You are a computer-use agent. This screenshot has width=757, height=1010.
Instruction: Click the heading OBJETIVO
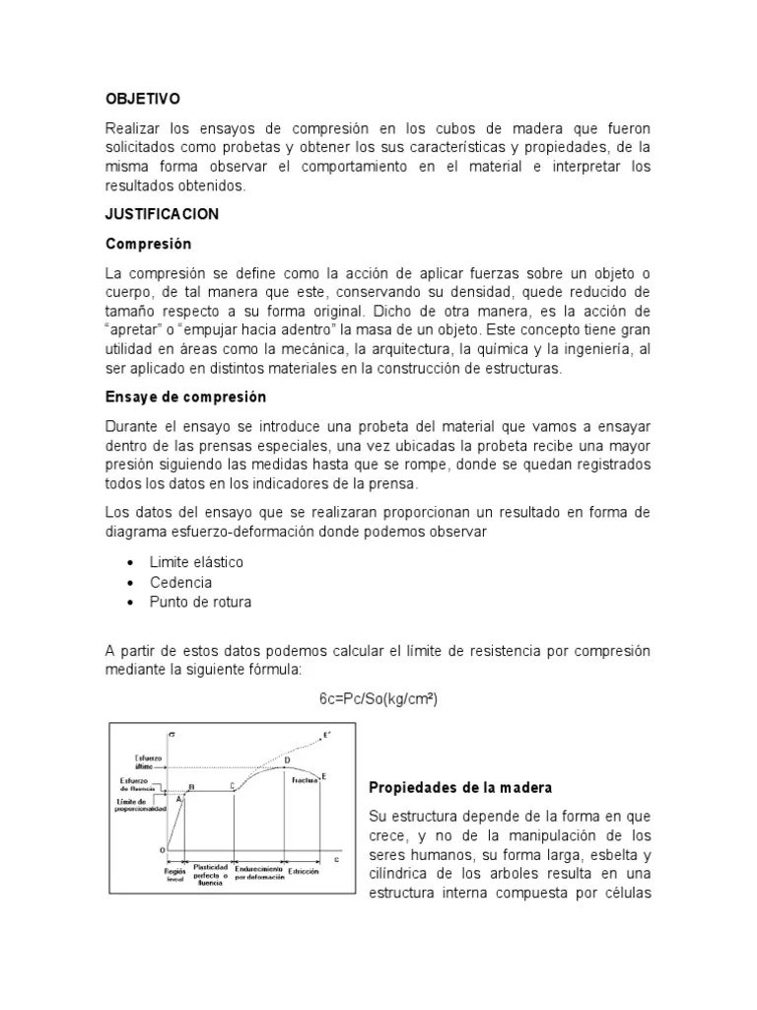(143, 100)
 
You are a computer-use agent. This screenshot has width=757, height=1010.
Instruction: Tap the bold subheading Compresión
(148, 243)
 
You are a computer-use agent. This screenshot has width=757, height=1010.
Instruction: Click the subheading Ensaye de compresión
(186, 397)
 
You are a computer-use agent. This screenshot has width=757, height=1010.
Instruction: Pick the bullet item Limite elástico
(196, 562)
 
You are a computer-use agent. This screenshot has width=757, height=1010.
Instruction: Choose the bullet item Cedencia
(180, 582)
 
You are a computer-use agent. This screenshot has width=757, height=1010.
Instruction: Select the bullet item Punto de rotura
(200, 602)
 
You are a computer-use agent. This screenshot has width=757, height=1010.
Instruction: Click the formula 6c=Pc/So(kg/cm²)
(378, 698)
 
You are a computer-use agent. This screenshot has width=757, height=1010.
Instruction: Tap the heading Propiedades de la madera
(460, 788)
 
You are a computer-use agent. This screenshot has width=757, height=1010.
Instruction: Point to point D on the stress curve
(287, 760)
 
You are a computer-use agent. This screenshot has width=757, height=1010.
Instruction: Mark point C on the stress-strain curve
(233, 785)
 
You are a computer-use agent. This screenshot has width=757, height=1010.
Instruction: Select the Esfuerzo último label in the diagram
(136, 762)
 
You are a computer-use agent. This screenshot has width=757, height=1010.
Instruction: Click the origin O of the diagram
(163, 849)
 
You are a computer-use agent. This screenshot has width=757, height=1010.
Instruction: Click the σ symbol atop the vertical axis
(172, 736)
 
